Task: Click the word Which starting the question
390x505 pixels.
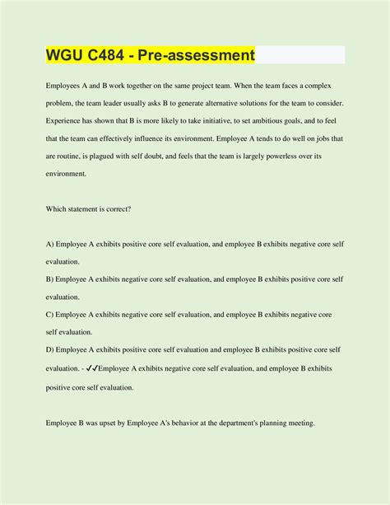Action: point(57,209)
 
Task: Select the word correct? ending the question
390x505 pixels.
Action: point(116,209)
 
